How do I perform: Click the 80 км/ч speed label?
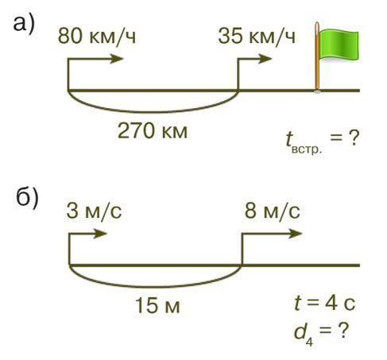tap(97, 36)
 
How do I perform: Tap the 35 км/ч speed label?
tap(257, 36)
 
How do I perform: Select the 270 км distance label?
tap(153, 131)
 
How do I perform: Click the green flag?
tap(339, 45)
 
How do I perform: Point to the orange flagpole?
tap(317, 57)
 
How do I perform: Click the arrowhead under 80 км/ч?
tap(117, 59)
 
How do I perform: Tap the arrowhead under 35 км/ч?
tap(265, 59)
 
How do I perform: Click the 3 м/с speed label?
tap(94, 211)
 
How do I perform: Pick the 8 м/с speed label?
tap(273, 211)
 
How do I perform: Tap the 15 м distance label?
tap(157, 305)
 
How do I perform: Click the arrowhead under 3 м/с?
tap(100, 234)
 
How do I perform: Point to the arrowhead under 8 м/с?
tap(296, 234)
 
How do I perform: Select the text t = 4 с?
tap(325, 304)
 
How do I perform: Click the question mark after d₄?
tap(343, 330)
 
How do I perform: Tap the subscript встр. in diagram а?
tap(307, 149)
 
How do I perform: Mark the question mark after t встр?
tap(354, 138)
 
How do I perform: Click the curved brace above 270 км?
tap(153, 112)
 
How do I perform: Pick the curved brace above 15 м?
tap(155, 287)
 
